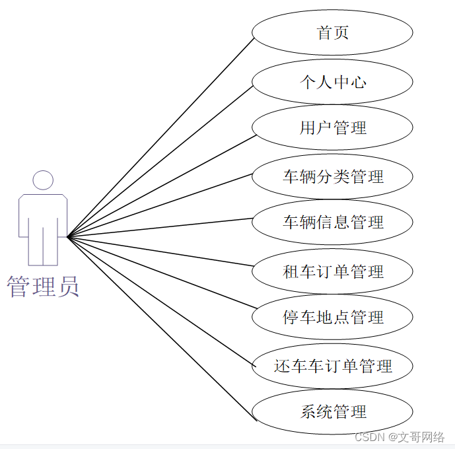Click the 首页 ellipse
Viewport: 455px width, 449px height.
(x=333, y=32)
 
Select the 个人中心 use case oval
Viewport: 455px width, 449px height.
(x=333, y=82)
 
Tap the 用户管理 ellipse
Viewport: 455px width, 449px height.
(x=333, y=127)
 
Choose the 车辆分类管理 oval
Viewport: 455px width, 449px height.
(x=333, y=176)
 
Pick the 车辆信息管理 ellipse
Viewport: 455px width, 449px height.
(x=333, y=223)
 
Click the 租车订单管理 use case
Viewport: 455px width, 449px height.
(x=333, y=271)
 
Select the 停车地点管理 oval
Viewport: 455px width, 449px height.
(x=333, y=317)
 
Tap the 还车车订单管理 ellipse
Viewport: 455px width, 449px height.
(x=333, y=366)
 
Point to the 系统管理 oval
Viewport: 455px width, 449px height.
(x=333, y=413)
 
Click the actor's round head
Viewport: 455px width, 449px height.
(x=43, y=180)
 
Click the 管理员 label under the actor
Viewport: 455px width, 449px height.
(x=43, y=287)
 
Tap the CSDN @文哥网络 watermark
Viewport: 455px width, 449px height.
(x=400, y=437)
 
